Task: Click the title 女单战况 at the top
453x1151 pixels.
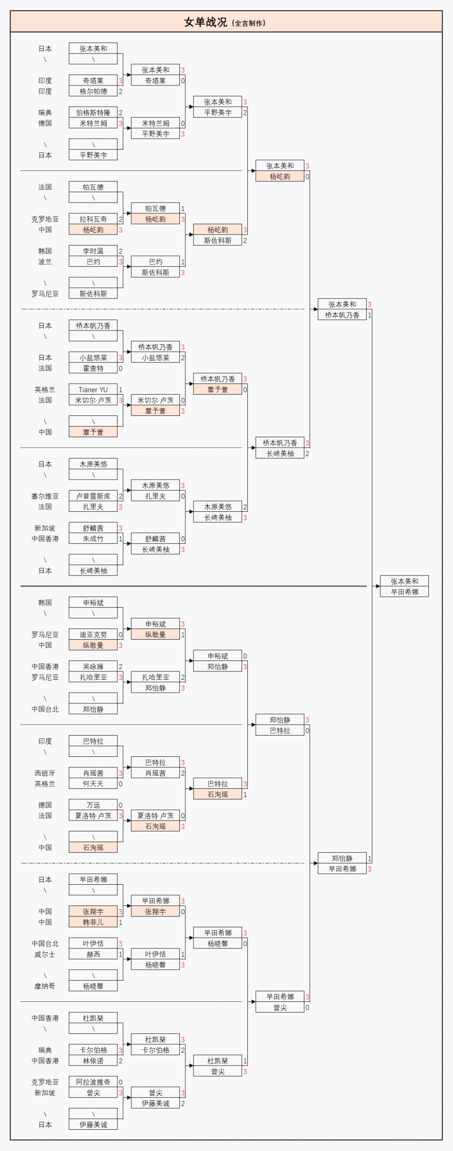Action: [x=205, y=22]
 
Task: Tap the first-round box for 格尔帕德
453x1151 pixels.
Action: [x=93, y=91]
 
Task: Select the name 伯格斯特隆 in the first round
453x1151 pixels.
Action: [x=93, y=112]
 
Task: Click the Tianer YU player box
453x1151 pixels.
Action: [x=93, y=389]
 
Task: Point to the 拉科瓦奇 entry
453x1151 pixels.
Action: [x=93, y=219]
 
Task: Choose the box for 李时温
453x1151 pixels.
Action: [x=93, y=251]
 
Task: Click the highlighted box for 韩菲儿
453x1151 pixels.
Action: [x=93, y=922]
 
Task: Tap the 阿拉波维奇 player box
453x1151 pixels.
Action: [x=93, y=1082]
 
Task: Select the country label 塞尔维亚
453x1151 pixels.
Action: [x=45, y=496]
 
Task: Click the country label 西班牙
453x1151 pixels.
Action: [x=45, y=773]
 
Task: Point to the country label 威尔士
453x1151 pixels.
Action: [x=45, y=954]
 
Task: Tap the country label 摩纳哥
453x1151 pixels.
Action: [x=45, y=986]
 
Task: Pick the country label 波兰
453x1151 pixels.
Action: [x=45, y=262]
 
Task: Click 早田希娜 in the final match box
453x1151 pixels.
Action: [x=404, y=592]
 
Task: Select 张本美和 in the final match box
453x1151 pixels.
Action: [x=404, y=581]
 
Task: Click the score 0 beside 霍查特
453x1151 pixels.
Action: [x=120, y=368]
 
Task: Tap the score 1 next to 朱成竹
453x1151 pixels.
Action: [x=120, y=539]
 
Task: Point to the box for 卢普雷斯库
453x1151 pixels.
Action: [x=93, y=496]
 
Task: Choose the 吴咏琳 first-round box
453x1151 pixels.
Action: [x=93, y=667]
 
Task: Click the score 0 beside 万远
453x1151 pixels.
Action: [x=120, y=805]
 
